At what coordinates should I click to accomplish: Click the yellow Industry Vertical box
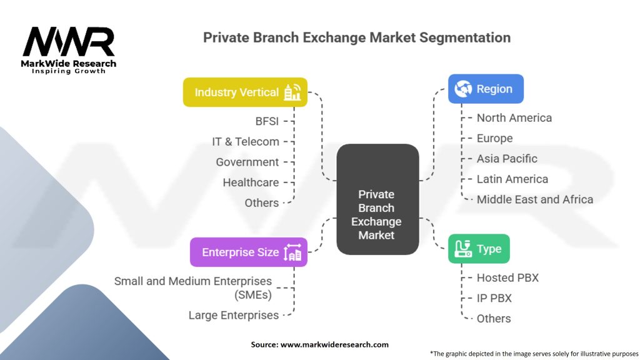click(x=245, y=92)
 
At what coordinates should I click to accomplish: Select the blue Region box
click(x=486, y=89)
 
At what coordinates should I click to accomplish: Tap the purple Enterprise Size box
click(x=249, y=252)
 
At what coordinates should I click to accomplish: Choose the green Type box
click(x=479, y=249)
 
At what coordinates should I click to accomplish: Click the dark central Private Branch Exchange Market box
click(x=377, y=199)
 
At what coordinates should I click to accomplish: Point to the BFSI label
click(x=267, y=121)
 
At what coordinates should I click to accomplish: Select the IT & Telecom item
click(x=245, y=142)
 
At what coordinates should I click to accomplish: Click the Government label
click(x=247, y=162)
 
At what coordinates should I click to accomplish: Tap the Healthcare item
click(x=251, y=182)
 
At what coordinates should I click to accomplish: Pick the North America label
click(x=514, y=118)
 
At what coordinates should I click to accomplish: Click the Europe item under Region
click(x=495, y=138)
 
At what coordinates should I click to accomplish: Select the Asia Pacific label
click(x=507, y=158)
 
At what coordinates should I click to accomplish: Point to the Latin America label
click(x=512, y=179)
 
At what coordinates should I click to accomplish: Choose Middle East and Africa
click(x=535, y=199)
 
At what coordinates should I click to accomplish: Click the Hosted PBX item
click(x=507, y=277)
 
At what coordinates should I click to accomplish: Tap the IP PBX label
click(x=494, y=298)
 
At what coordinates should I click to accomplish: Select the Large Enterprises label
click(x=234, y=315)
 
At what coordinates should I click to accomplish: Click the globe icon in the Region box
click(x=463, y=89)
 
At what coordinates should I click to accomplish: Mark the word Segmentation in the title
click(x=465, y=37)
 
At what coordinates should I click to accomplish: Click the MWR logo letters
click(x=69, y=41)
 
